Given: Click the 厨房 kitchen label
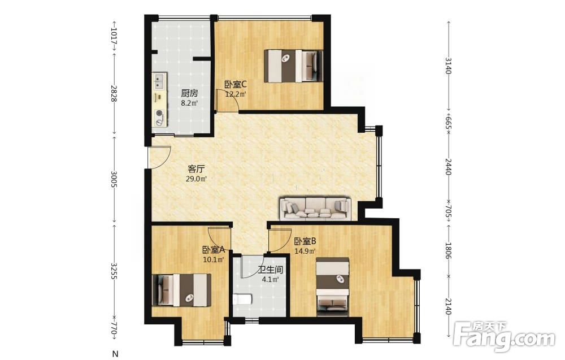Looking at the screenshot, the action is [x=189, y=93].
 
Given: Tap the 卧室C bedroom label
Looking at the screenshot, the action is [x=235, y=85].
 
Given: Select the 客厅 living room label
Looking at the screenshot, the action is [x=197, y=168].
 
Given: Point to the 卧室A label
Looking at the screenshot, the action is [x=214, y=249].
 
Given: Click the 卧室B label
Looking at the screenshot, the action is [x=305, y=241].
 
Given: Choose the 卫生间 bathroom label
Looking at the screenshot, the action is [x=270, y=270].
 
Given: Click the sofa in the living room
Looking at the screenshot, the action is [x=316, y=209].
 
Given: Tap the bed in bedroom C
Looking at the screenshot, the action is [x=293, y=66].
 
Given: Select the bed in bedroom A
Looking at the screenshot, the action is [x=181, y=290].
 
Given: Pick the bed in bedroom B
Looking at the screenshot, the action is [x=333, y=287].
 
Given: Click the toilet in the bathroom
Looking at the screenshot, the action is [x=242, y=299].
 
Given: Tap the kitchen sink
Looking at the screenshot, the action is [x=159, y=81].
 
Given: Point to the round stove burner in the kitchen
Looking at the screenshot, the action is [x=159, y=114].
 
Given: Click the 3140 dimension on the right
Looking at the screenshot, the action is [x=448, y=65].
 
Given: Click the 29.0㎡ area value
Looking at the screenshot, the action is [x=197, y=179].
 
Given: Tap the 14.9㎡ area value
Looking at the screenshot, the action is [x=305, y=251].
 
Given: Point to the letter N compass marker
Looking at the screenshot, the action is [x=115, y=354].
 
